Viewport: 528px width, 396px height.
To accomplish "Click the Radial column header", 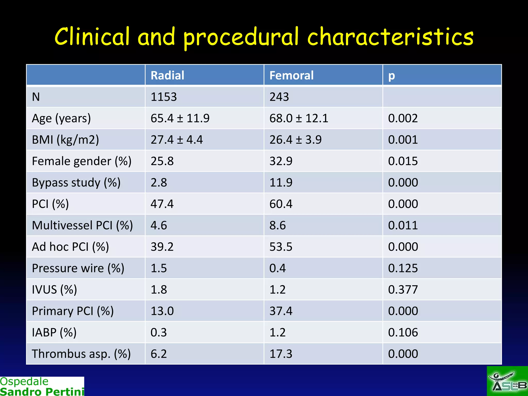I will pyautogui.click(x=167, y=76).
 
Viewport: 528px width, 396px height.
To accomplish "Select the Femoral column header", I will pyautogui.click(x=291, y=76).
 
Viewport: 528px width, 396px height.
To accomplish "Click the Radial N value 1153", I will pyautogui.click(x=164, y=97).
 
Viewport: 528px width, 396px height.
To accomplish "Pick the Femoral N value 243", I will pyautogui.click(x=279, y=97).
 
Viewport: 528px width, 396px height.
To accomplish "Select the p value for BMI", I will pyautogui.click(x=403, y=140).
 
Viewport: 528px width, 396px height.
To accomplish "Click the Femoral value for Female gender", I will pyautogui.click(x=281, y=161).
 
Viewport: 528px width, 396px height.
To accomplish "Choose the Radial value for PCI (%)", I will pyautogui.click(x=162, y=204).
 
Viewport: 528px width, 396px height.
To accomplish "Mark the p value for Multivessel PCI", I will pyautogui.click(x=403, y=225).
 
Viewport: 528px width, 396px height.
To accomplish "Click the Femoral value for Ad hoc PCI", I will pyautogui.click(x=281, y=247).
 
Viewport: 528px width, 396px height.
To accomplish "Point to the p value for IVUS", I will pyautogui.click(x=403, y=290).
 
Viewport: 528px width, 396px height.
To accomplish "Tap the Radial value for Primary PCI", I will pyautogui.click(x=162, y=311).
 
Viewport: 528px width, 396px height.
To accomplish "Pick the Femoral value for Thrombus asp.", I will pyautogui.click(x=281, y=354).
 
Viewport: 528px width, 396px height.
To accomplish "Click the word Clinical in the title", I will pyautogui.click(x=92, y=37).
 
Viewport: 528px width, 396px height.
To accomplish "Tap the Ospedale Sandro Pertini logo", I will pyautogui.click(x=42, y=386).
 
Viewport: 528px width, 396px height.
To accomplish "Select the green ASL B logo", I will pyautogui.click(x=507, y=381).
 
